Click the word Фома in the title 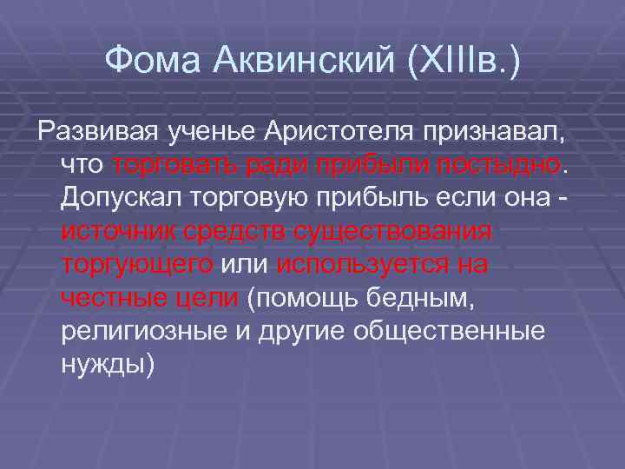pos(153,60)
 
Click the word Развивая pos(90,133)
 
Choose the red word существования pos(393,233)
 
